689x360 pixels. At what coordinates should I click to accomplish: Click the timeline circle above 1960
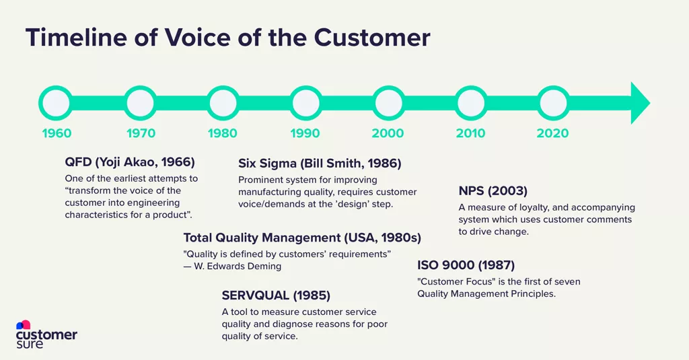point(56,104)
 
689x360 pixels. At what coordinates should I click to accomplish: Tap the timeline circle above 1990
point(305,104)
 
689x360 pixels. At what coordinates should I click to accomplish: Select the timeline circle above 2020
point(552,104)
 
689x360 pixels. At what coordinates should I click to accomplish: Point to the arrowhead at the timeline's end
point(640,104)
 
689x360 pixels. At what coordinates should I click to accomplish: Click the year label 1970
point(141,133)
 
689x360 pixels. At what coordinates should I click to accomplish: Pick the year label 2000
point(388,133)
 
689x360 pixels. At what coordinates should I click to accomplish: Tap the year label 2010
point(470,133)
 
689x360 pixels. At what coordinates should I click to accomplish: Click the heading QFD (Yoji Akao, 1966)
point(130,162)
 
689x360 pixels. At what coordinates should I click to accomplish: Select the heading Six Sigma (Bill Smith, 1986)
point(320,163)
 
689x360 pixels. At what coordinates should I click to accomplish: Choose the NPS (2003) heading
point(493,190)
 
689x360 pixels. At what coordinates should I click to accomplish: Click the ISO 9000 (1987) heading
point(466,264)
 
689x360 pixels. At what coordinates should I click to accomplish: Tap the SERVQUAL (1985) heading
point(276,295)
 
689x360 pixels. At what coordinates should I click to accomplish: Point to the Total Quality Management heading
point(302,238)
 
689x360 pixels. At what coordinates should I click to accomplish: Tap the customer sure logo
point(46,334)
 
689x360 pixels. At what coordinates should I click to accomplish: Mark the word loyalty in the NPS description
point(532,208)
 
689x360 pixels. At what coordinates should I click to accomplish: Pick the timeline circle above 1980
point(223,104)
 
